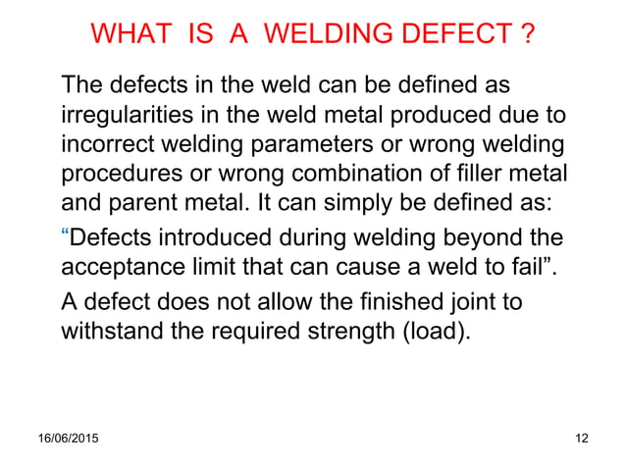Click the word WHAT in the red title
click(x=129, y=36)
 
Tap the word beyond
click(x=486, y=239)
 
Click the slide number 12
click(x=580, y=438)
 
